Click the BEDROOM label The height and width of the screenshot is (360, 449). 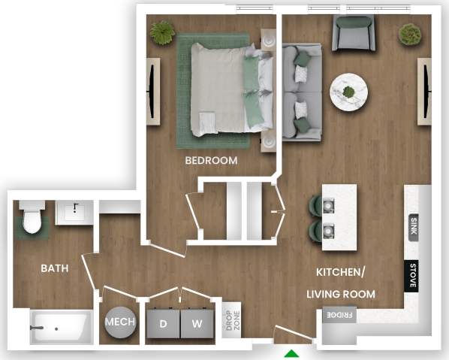211,160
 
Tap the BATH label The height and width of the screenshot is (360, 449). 54,268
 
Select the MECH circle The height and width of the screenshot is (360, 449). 120,322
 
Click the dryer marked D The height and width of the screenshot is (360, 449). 163,324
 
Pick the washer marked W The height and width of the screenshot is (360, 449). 197,324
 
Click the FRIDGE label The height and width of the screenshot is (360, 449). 339,316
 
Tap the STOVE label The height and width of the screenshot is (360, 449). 413,275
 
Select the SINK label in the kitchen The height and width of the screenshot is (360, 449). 414,225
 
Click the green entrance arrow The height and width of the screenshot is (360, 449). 291,353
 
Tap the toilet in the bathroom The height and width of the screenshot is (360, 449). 32,218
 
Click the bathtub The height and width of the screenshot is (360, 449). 60,328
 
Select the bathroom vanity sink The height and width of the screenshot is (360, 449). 75,212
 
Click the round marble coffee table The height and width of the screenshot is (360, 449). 348,92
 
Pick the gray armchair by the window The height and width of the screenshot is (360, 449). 354,32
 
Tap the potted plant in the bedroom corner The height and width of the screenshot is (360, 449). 162,32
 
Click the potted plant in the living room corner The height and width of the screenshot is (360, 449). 410,34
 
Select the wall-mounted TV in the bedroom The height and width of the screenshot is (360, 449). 153,90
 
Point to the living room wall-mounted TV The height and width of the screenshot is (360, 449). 426,90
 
